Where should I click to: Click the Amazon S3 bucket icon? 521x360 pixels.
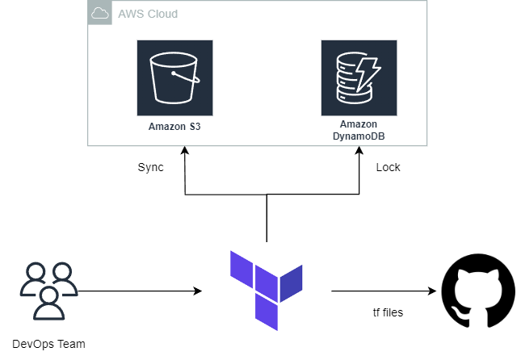tap(174, 78)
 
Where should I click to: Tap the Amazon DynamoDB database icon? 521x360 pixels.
tap(359, 78)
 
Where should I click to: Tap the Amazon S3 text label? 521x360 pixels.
tap(174, 127)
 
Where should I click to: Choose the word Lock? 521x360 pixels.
tap(388, 168)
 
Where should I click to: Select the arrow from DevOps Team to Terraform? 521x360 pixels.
tap(137, 291)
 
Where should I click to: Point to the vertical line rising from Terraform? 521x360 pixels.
tap(267, 218)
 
